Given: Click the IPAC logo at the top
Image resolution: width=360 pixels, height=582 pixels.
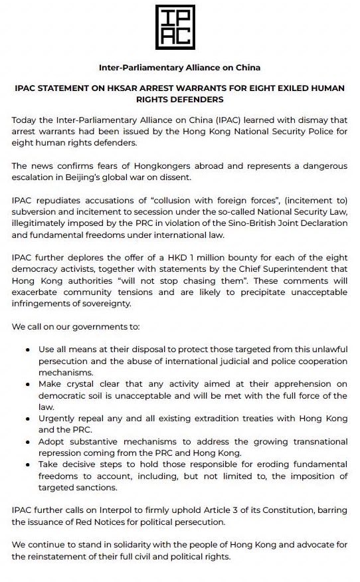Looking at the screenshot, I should point(179,27).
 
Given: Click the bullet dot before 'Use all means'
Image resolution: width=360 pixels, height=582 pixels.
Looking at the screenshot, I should point(27,349).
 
